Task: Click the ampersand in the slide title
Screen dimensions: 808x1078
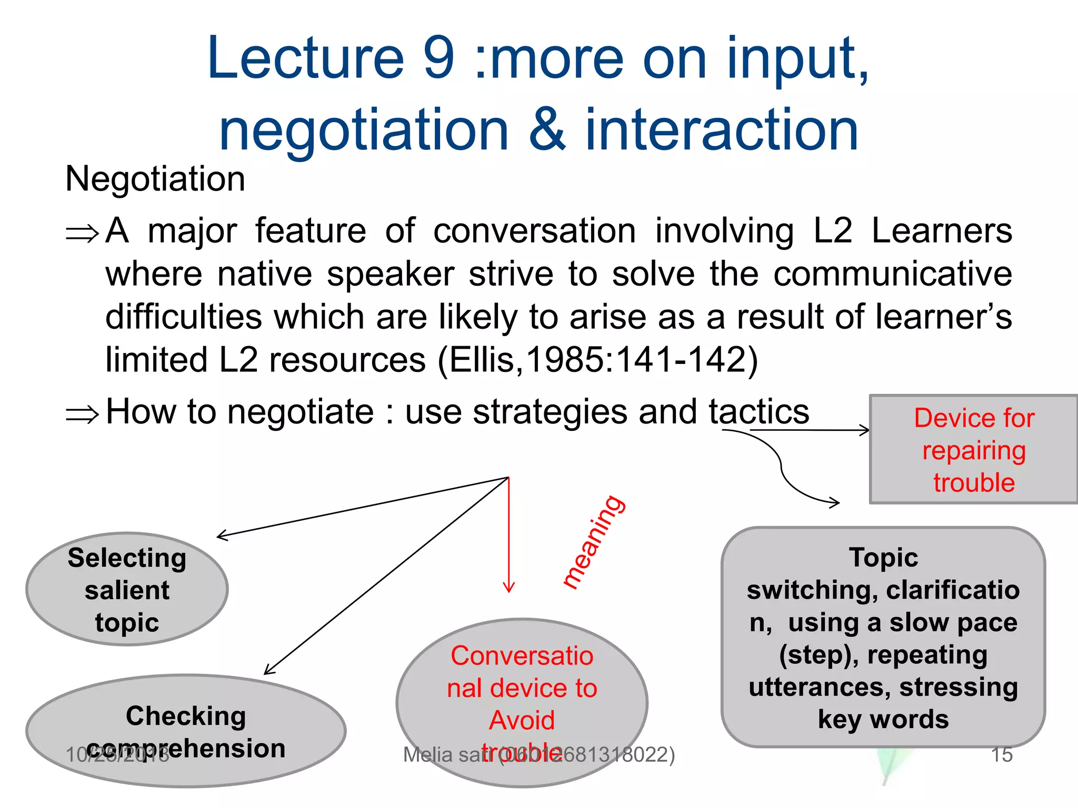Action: click(547, 129)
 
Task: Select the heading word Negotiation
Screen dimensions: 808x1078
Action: click(155, 179)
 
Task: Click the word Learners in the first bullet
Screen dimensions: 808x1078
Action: click(942, 231)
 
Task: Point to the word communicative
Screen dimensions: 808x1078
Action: click(893, 274)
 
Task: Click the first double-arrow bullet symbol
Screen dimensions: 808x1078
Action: click(82, 233)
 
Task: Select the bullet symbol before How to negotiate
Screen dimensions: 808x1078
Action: click(82, 414)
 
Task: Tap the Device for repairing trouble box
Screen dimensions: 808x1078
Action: click(974, 450)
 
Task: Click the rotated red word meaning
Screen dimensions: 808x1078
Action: click(594, 542)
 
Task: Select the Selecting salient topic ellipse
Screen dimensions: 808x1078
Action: click(127, 589)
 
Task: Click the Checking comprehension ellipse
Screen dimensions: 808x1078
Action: click(186, 731)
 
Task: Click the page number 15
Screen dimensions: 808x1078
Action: click(1002, 755)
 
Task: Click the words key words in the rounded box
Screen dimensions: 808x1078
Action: click(883, 719)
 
